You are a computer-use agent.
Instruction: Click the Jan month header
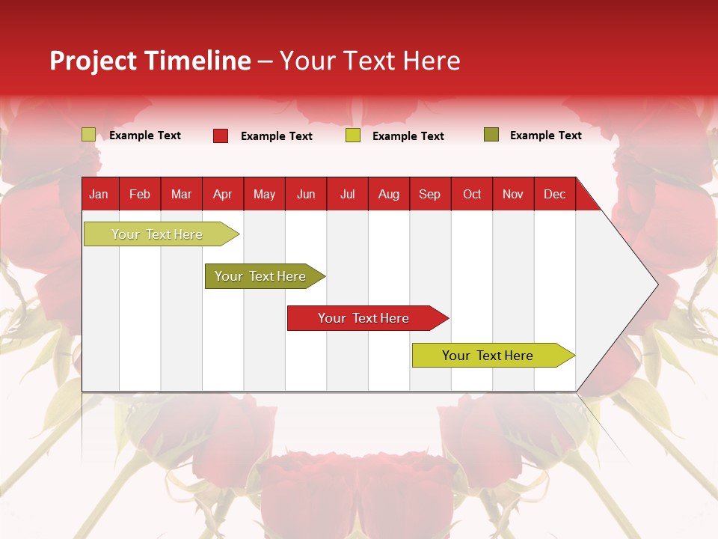click(99, 195)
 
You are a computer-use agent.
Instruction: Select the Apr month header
click(222, 195)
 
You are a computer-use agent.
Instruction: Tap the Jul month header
click(347, 195)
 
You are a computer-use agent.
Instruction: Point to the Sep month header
click(429, 195)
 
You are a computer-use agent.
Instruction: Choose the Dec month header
click(554, 195)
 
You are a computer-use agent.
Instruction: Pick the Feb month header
click(140, 195)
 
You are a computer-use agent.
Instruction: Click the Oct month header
click(472, 195)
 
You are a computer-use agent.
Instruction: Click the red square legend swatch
click(221, 135)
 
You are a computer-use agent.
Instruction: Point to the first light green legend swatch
click(89, 135)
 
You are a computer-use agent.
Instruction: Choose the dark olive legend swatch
click(491, 135)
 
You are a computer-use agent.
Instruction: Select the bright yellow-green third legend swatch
click(353, 135)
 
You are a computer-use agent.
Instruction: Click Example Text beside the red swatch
click(277, 136)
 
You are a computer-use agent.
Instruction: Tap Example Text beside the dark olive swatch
click(546, 135)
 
